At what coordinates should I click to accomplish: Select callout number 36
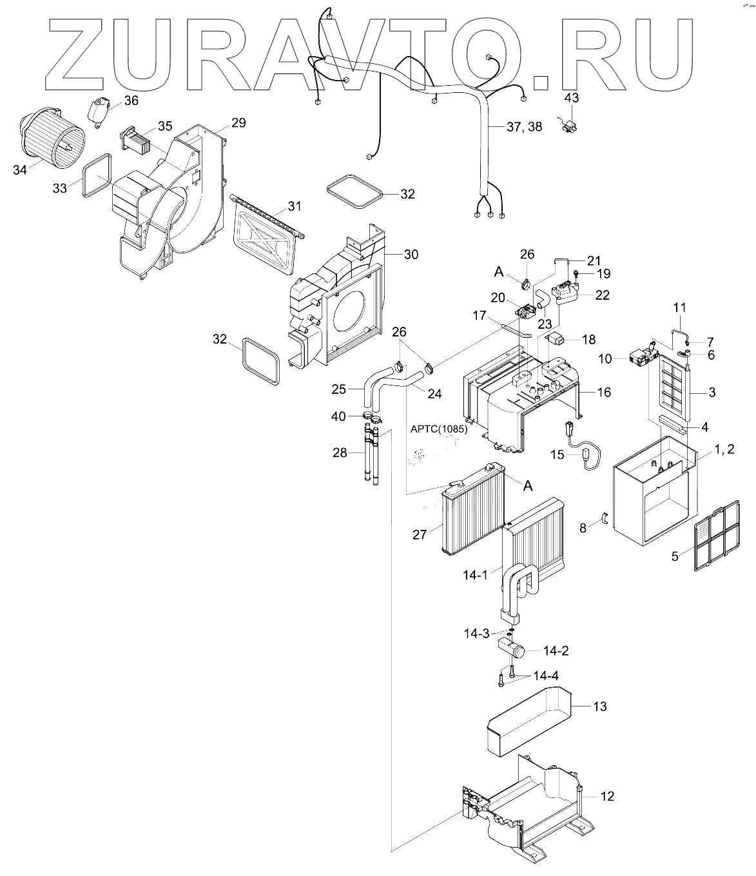point(131,101)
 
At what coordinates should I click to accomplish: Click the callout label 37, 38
point(524,127)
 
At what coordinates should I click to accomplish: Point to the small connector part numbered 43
point(570,126)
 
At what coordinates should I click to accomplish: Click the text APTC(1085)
point(439,428)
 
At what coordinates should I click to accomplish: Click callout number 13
point(599,706)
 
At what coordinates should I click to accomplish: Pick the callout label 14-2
point(556,650)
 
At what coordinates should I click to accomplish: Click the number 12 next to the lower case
point(607,796)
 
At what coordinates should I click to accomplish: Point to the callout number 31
point(295,206)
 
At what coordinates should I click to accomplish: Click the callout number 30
point(411,255)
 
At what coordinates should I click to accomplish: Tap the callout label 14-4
point(546,676)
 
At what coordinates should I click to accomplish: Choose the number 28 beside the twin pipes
point(340,453)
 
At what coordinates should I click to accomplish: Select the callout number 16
point(603,392)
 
